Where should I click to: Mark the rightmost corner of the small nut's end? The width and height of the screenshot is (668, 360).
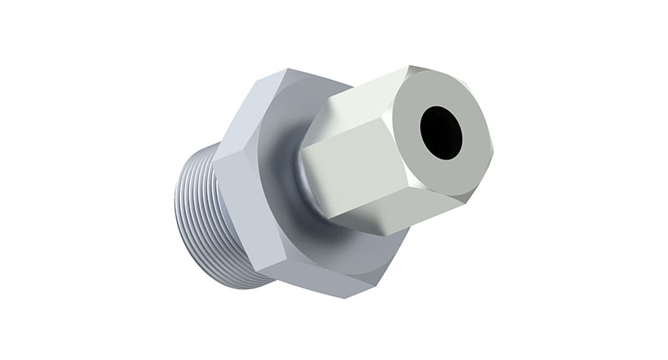493,150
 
